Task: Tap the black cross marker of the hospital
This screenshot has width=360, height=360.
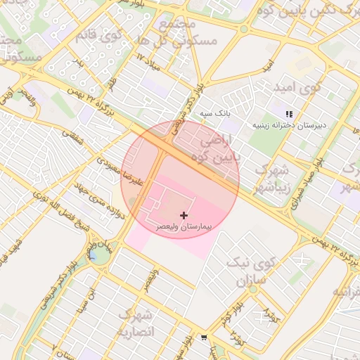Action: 184,214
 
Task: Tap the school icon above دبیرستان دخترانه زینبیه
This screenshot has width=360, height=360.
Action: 288,114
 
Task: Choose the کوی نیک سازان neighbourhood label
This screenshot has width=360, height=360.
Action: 246,271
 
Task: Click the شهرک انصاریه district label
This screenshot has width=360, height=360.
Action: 135,323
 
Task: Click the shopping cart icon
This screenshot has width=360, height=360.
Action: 204,338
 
